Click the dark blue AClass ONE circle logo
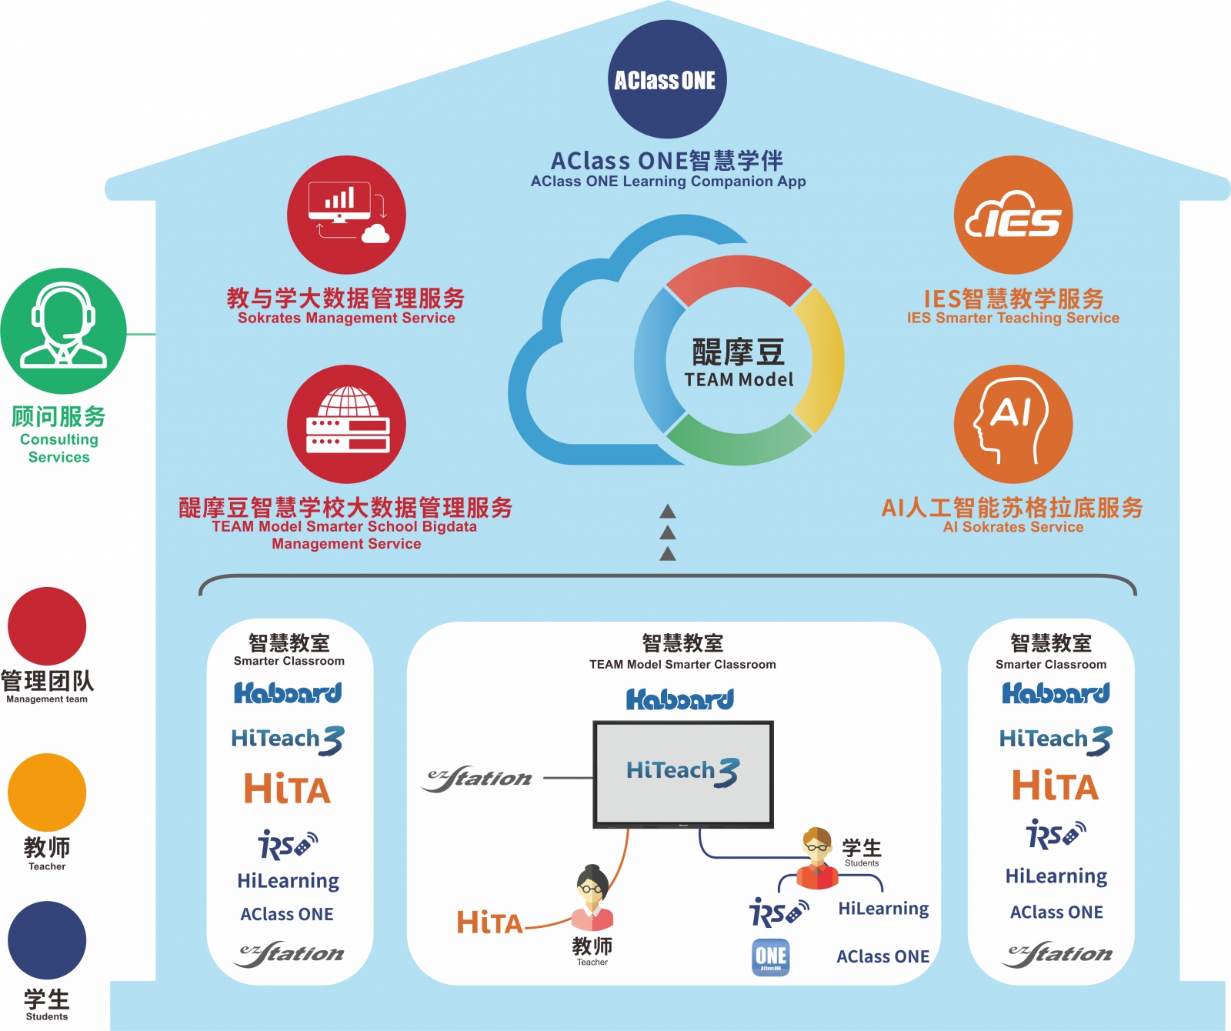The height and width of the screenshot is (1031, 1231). click(666, 80)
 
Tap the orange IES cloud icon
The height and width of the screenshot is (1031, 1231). click(1012, 215)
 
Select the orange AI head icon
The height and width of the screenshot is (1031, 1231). click(1012, 424)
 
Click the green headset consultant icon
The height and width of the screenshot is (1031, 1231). click(63, 331)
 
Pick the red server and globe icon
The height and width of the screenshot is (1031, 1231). click(346, 424)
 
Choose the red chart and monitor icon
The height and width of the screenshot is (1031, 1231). click(346, 215)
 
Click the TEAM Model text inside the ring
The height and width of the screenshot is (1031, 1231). click(739, 379)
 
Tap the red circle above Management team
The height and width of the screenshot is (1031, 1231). click(47, 626)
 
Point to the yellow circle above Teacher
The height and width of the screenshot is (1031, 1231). click(47, 792)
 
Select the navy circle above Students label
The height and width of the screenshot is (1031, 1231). click(47, 940)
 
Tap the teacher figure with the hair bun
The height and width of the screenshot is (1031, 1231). click(592, 898)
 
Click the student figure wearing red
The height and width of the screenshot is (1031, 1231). click(817, 858)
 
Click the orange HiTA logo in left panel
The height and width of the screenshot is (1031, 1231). click(287, 789)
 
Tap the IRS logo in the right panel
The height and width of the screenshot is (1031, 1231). click(1056, 833)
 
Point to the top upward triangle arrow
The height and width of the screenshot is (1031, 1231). click(668, 511)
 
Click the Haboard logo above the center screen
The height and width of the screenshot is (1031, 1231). click(680, 699)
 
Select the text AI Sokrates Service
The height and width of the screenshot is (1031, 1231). click(1012, 527)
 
